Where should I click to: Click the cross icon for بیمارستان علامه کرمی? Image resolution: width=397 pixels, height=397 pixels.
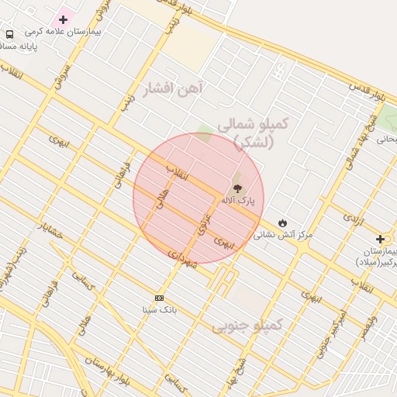coord(64,19)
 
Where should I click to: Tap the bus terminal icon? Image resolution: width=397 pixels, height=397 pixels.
coord(9,34)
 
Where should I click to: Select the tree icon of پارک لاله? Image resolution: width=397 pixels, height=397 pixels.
coord(236,187)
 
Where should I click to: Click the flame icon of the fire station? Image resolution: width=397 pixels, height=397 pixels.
coord(282,223)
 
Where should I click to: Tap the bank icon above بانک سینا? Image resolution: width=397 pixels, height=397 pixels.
coord(160,298)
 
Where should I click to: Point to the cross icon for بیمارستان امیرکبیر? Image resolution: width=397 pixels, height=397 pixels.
coord(380,239)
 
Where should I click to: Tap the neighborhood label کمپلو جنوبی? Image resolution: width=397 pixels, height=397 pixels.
coord(247,325)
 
